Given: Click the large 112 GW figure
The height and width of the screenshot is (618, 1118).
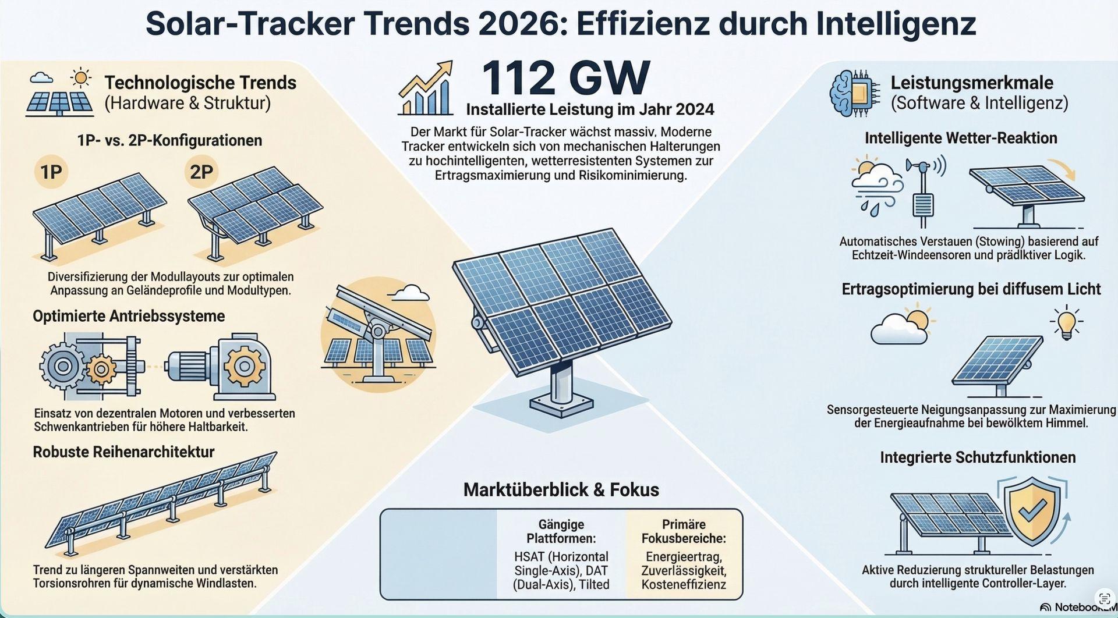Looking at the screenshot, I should coord(565,79).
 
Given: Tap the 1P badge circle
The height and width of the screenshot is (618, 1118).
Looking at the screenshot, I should coord(51,172).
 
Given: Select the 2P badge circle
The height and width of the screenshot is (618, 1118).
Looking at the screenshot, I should coord(201,172).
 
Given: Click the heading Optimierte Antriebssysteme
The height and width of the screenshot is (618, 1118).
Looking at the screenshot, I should coord(129,316).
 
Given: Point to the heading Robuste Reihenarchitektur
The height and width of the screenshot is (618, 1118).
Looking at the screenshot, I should coord(123,452).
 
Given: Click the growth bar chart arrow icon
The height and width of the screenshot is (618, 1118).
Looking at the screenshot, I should coord(426,88).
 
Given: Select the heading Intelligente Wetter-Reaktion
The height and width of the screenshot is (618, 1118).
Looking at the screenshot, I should coord(961,138).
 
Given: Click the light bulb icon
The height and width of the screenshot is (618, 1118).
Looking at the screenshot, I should coord(1066,324).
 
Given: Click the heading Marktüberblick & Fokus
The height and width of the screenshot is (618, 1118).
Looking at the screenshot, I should coord(561,489).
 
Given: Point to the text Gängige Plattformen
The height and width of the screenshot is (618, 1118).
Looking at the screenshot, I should coord(561,531).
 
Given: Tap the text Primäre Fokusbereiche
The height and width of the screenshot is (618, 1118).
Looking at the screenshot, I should coord(684,531).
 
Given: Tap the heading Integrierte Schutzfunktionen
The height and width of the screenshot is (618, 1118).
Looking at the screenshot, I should coord(978,457).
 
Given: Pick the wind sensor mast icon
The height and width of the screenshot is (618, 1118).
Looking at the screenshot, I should coord(922,192).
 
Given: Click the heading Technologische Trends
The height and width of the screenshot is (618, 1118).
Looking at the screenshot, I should coord(200,83).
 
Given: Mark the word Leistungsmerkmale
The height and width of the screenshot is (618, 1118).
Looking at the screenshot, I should coord(972,83).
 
